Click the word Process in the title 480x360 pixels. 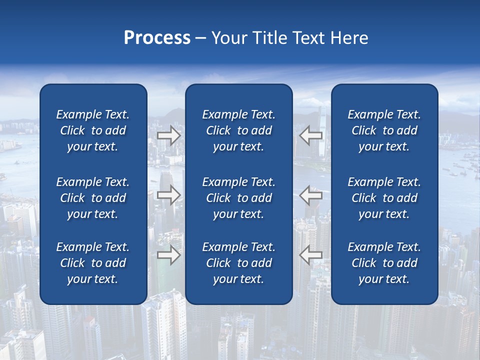pos(157,38)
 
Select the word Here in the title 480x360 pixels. pos(349,38)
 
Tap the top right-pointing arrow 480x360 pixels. pos(169,135)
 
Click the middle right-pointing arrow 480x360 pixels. pos(169,195)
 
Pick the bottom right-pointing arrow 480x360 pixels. pos(169,255)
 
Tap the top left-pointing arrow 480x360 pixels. pos(310,135)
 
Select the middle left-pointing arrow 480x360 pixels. pos(310,195)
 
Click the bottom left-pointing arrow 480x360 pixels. pos(310,255)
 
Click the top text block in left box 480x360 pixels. pos(93,130)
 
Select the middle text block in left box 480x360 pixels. pos(93,198)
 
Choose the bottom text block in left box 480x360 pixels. pos(93,263)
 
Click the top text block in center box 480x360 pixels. pos(238,130)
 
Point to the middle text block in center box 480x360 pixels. pos(238,198)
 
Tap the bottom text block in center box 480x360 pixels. pos(238,263)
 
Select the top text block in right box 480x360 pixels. pos(384,130)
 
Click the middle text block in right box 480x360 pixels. pos(384,198)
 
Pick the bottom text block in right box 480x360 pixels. pos(384,263)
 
